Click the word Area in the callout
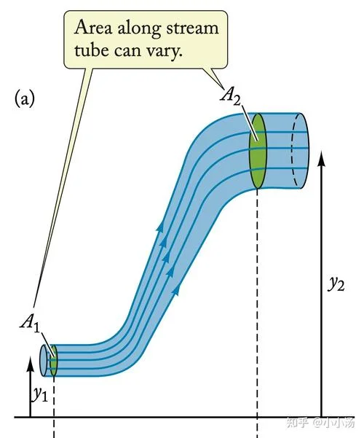(x=93, y=28)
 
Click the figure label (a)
(x=25, y=99)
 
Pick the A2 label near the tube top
(x=230, y=96)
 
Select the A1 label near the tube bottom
(x=30, y=324)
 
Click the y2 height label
(x=336, y=284)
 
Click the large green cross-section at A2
(x=258, y=151)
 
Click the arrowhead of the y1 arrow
(x=31, y=364)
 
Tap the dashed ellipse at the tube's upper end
(x=300, y=150)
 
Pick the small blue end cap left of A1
(x=44, y=361)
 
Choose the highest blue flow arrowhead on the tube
(x=160, y=226)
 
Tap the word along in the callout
(x=139, y=28)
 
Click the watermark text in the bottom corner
(x=320, y=423)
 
